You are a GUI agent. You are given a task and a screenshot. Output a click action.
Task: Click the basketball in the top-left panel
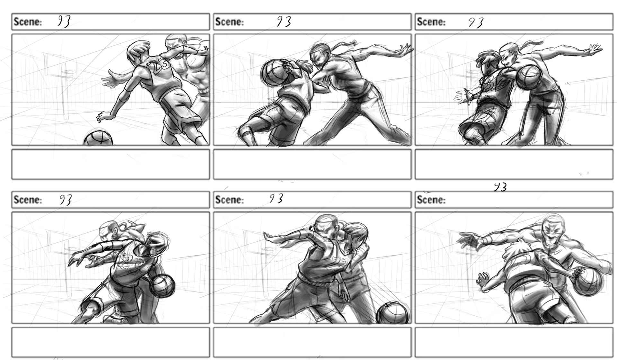pos(98,138)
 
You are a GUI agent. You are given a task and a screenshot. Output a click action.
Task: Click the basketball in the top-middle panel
pos(272,73)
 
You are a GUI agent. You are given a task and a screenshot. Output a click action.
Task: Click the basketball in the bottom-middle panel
pos(393,313)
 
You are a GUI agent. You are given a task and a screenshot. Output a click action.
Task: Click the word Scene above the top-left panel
pos(28,22)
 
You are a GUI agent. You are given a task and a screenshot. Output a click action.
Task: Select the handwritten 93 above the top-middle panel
pos(284,22)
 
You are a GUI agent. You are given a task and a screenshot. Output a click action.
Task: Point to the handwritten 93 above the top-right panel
pos(476,22)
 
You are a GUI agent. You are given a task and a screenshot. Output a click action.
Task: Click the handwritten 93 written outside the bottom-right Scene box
pos(500,187)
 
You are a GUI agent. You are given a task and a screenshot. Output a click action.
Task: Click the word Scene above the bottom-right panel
pos(431,200)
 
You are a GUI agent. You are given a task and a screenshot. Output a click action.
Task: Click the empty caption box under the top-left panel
pos(111,164)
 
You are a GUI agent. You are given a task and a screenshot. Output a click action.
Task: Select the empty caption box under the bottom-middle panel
pos(312,342)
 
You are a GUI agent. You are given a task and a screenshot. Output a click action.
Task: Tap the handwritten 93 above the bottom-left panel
pos(65,200)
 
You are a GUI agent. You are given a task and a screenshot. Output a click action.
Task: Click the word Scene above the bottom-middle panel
pos(229,200)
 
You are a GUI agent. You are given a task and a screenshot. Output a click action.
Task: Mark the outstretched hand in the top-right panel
pos(594,49)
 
